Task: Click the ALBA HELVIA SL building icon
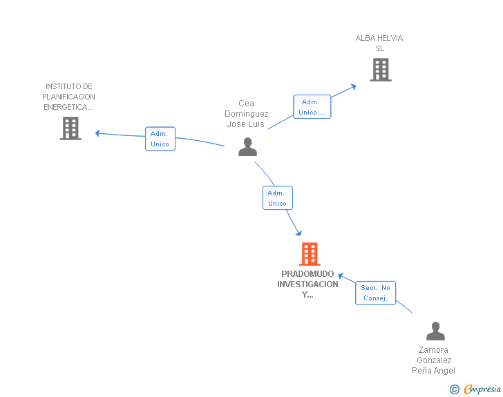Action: (x=380, y=70)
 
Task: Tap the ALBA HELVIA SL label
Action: (x=379, y=43)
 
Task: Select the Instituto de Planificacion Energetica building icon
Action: (x=70, y=128)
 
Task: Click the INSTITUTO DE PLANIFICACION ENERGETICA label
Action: (x=69, y=97)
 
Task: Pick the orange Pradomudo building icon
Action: (x=310, y=254)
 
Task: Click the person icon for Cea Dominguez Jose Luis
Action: (x=247, y=147)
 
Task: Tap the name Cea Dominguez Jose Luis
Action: (x=247, y=114)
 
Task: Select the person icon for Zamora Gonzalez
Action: (x=435, y=331)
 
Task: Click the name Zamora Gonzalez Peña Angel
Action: (x=435, y=360)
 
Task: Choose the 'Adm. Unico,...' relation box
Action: (x=312, y=107)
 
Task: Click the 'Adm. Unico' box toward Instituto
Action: (x=160, y=139)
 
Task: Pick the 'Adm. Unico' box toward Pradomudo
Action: (x=278, y=198)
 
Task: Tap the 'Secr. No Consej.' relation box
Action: (x=376, y=293)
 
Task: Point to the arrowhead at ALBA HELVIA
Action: (x=354, y=86)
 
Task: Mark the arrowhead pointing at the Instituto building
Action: (x=98, y=133)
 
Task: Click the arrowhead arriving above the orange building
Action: (x=298, y=232)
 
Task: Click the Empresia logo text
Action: (x=482, y=389)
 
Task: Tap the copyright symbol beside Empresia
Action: (x=454, y=389)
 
